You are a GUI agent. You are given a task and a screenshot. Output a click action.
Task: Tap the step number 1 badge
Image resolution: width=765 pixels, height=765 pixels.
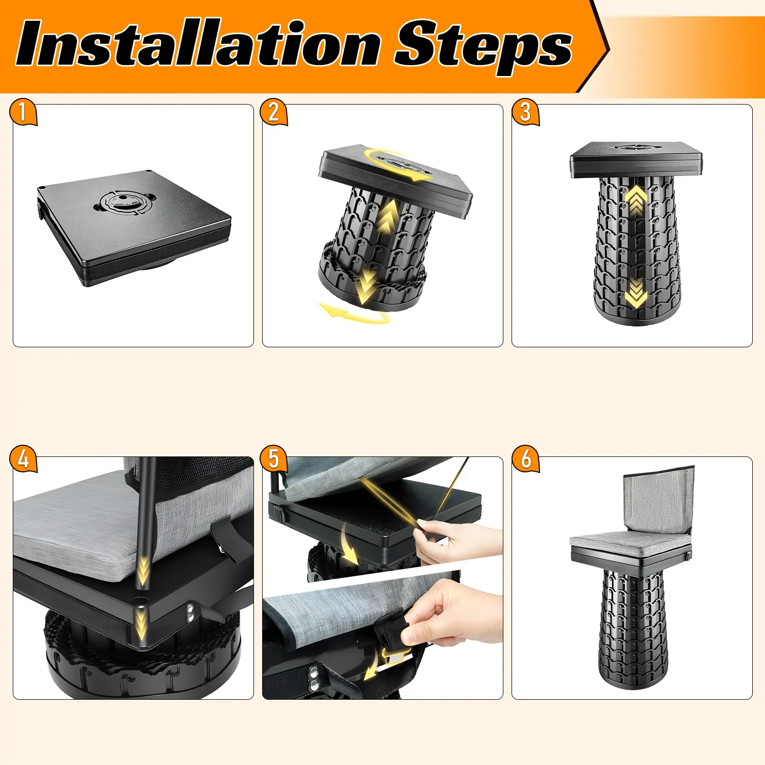pyautogui.click(x=23, y=112)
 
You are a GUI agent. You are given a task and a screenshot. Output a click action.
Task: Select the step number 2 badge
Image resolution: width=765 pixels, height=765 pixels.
pyautogui.click(x=274, y=112)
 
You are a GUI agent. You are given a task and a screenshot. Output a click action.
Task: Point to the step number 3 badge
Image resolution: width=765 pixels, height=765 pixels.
pyautogui.click(x=525, y=112)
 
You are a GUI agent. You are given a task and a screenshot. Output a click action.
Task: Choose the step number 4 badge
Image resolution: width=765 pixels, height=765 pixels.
pyautogui.click(x=23, y=458)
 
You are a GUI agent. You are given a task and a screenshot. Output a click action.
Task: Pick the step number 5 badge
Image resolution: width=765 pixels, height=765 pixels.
pyautogui.click(x=274, y=458)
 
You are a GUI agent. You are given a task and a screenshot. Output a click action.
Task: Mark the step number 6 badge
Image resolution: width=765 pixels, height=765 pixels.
pyautogui.click(x=525, y=458)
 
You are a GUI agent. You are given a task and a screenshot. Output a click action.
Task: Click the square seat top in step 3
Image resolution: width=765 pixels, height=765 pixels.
pyautogui.click(x=636, y=159)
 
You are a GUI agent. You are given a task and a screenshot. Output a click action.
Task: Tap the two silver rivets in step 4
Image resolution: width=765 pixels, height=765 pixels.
pyautogui.click(x=190, y=612)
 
